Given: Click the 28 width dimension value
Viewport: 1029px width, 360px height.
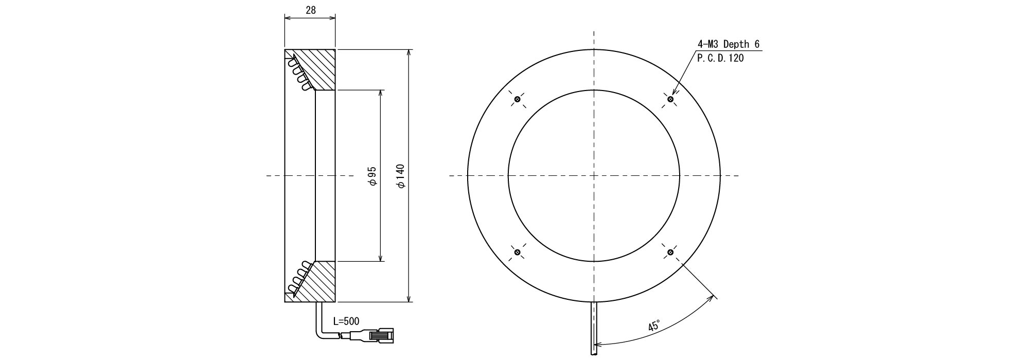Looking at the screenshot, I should (x=310, y=10).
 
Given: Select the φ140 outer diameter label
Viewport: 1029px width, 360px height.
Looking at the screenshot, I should (x=401, y=176).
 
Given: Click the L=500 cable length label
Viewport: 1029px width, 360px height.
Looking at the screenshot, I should (x=346, y=321).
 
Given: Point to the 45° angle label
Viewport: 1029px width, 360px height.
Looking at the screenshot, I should (x=654, y=326).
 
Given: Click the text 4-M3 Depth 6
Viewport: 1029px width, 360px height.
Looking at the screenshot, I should (x=728, y=44).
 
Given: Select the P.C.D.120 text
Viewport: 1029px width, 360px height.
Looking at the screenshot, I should (x=720, y=58).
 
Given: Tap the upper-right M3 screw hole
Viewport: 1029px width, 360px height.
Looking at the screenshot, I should (x=670, y=99).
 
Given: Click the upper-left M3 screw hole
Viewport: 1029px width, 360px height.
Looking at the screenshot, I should (x=518, y=99).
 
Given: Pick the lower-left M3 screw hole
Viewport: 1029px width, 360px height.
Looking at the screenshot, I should (x=518, y=252).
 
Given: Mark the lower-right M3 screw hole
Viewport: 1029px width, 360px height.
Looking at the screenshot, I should (x=670, y=252).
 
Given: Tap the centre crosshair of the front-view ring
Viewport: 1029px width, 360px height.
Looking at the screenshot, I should (x=594, y=176).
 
